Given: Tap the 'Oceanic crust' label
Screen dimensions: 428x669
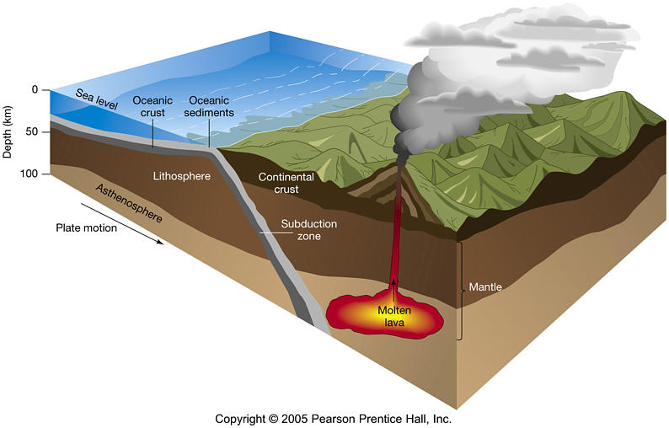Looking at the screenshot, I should (x=153, y=106).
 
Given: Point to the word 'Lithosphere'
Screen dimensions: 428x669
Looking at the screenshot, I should (x=181, y=177).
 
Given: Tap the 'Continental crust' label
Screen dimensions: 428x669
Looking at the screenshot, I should (x=286, y=184).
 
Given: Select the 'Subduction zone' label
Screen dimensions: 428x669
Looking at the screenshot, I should (x=308, y=230).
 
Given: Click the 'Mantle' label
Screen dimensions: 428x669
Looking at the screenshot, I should (x=486, y=287).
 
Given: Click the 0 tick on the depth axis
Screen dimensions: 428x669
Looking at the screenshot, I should (x=35, y=90).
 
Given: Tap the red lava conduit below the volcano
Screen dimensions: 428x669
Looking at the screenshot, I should (x=393, y=236).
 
